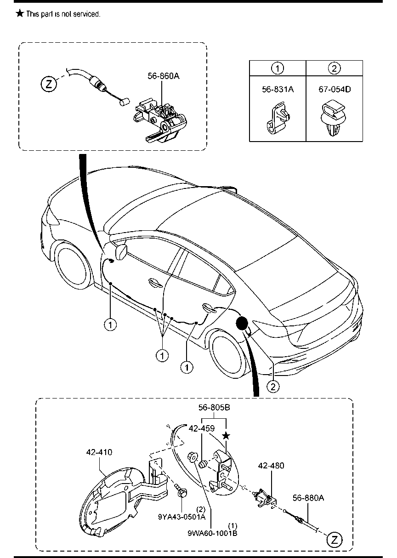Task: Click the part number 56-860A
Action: coord(164,76)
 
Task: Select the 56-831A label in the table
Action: coord(278,89)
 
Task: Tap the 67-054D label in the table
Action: coord(335,89)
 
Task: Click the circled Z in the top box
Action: coord(49,84)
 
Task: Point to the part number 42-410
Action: coord(99,452)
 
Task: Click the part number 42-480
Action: coord(271,466)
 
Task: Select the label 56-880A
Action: coord(308,498)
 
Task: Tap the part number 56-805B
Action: coord(214,408)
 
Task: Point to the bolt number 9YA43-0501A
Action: coord(182,517)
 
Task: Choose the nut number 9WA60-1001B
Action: coord(212,533)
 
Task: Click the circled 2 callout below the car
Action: coord(273,387)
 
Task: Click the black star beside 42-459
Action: coord(226,436)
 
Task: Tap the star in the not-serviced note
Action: coord(19,13)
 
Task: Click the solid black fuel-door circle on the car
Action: coord(242,323)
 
